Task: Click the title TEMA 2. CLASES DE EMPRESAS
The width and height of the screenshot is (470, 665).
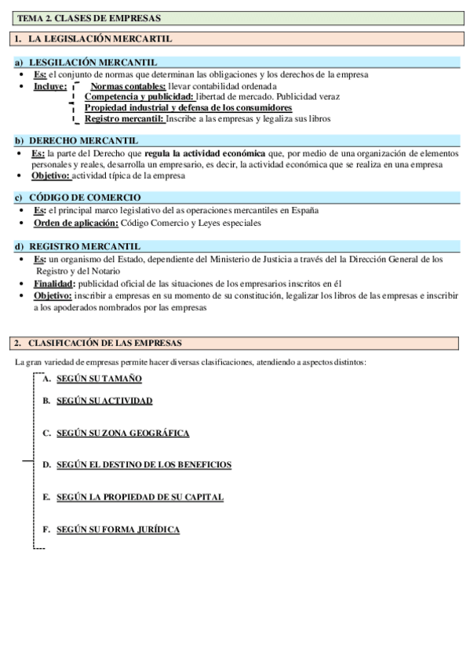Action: pyautogui.click(x=68, y=17)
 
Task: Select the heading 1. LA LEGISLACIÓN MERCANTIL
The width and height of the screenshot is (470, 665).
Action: pyautogui.click(x=94, y=38)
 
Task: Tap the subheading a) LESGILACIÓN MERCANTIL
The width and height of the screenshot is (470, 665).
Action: pyautogui.click(x=93, y=63)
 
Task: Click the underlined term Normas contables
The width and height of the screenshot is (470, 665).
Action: pyautogui.click(x=127, y=85)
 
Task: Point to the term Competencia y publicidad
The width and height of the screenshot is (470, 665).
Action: pyautogui.click(x=138, y=96)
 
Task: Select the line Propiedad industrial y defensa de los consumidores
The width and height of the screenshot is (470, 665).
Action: pyautogui.click(x=188, y=107)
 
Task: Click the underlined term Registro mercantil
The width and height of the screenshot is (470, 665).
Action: pyautogui.click(x=124, y=119)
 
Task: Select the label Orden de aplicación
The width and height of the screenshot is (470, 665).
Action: pyautogui.click(x=75, y=223)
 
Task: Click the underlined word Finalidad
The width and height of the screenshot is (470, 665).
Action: pyautogui.click(x=54, y=284)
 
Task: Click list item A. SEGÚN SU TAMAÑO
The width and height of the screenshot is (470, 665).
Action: pyautogui.click(x=99, y=379)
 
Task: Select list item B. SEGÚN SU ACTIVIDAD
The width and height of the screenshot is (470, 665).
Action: pyautogui.click(x=104, y=401)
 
